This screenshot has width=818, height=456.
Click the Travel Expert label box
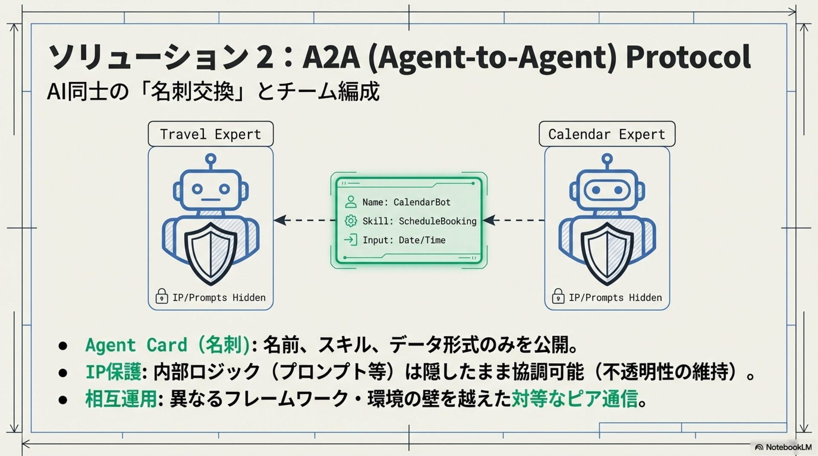[x=210, y=134]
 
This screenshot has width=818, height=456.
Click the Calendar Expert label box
[x=607, y=134]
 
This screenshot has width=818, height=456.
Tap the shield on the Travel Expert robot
[x=210, y=253]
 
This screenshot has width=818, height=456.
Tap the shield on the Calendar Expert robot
[x=607, y=253]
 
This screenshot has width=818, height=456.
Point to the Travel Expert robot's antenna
[x=210, y=160]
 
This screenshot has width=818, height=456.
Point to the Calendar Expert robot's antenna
[x=607, y=160]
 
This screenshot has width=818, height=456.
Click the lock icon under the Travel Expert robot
[x=161, y=296]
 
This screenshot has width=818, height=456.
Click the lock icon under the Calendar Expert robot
[x=558, y=296]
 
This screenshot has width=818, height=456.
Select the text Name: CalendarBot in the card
[x=406, y=202]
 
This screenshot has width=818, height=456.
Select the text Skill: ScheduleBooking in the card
[x=419, y=221]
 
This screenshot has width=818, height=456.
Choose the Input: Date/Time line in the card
[x=403, y=240]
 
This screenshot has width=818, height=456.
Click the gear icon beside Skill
[x=351, y=221]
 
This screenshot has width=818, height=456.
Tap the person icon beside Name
[x=351, y=202]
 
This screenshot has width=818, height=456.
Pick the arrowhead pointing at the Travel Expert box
[x=279, y=220]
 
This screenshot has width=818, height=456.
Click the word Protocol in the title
[x=688, y=57]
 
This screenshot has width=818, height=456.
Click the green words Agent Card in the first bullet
[x=136, y=345]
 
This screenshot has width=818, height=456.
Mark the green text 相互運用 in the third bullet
[x=121, y=399]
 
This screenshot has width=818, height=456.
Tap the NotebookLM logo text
[x=788, y=447]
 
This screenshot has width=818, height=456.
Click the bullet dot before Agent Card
[x=63, y=345]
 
